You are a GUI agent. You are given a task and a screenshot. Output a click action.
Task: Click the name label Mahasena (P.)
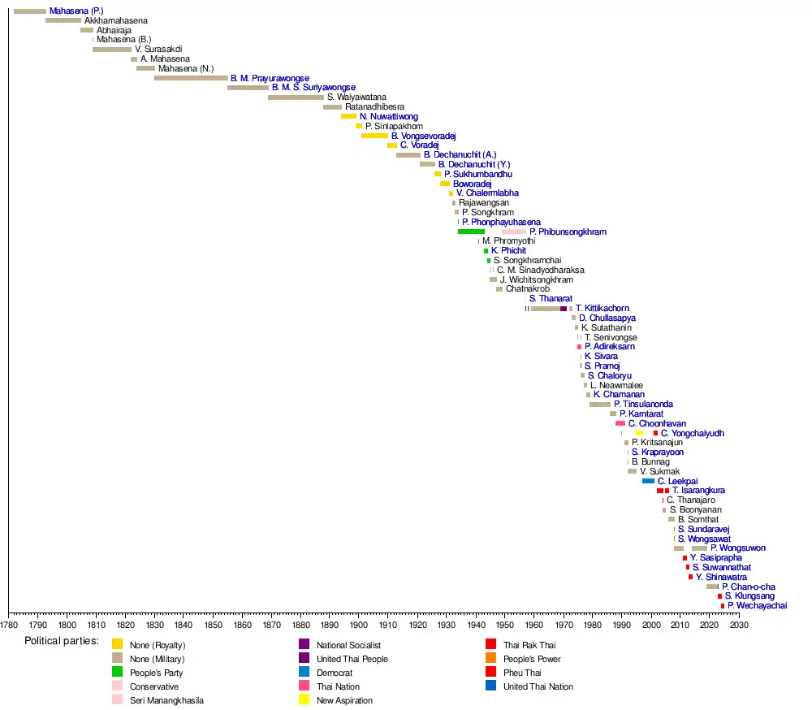(76, 11)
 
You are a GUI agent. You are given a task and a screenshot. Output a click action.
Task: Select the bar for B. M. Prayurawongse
(191, 78)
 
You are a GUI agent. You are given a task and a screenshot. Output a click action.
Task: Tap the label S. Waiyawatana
(356, 97)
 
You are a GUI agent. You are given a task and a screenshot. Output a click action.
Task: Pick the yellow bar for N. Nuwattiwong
(348, 116)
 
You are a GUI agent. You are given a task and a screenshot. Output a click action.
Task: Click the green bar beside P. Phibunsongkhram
(471, 232)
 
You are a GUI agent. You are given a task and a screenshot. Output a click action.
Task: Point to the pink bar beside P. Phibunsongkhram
(514, 232)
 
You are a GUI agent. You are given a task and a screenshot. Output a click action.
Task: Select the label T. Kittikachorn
(602, 309)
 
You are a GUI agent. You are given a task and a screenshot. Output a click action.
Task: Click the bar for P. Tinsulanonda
(600, 404)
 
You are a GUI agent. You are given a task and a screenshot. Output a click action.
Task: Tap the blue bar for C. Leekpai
(648, 481)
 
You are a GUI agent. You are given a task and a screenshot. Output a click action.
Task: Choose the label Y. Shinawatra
(721, 577)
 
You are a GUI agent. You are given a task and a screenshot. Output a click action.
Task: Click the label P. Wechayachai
(757, 606)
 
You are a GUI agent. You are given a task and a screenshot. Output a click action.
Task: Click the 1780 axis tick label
(9, 626)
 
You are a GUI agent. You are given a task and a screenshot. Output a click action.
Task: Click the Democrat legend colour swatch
(304, 673)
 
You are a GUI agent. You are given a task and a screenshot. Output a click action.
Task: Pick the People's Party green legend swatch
(118, 673)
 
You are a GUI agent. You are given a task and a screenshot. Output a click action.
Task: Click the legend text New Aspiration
(344, 700)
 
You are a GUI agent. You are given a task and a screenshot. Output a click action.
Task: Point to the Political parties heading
(62, 642)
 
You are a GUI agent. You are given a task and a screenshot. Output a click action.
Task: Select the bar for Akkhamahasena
(63, 20)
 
